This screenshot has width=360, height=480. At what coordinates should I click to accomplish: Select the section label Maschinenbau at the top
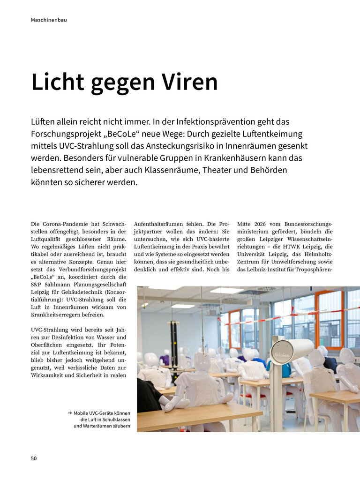49,20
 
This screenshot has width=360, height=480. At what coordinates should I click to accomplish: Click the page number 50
34,458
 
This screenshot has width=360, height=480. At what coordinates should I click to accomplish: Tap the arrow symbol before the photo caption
69,413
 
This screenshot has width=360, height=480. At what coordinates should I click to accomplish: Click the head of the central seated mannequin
202,361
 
